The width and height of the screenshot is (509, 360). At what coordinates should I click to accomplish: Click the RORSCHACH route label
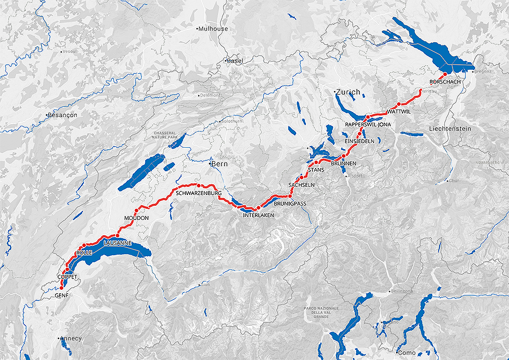click(x=445, y=82)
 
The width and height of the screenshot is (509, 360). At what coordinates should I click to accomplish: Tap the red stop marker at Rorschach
click(x=445, y=75)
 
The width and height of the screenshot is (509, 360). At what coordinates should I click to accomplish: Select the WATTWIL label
click(x=399, y=111)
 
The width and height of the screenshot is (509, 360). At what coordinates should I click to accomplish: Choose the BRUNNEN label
click(x=344, y=163)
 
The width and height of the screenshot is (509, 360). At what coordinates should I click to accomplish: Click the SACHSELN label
click(x=301, y=184)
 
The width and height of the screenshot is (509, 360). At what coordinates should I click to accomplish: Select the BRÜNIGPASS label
click(x=290, y=203)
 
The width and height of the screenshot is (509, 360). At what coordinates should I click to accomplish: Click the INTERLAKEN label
click(x=259, y=215)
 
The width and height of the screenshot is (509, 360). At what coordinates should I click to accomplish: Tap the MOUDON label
click(x=136, y=218)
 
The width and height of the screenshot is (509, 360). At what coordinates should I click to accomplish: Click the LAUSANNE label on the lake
click(x=118, y=243)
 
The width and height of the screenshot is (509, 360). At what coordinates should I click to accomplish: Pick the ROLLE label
click(x=83, y=253)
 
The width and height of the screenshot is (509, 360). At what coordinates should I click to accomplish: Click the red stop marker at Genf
click(x=62, y=289)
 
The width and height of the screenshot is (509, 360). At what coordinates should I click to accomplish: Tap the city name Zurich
click(x=348, y=92)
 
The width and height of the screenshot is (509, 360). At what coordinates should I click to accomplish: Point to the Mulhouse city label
click(x=214, y=29)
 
